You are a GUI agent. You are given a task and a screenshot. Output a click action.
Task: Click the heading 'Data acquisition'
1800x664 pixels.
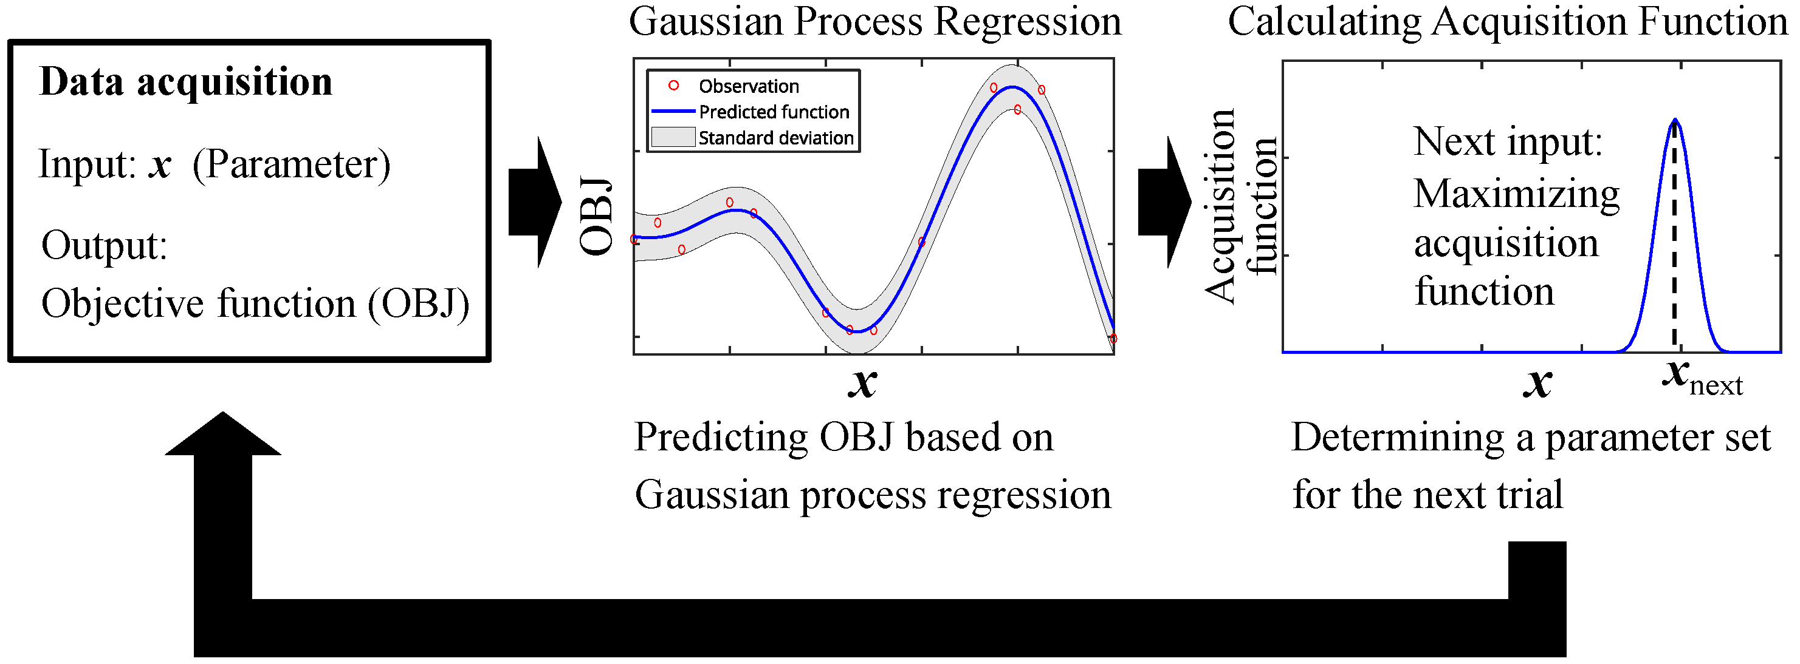[x=186, y=83]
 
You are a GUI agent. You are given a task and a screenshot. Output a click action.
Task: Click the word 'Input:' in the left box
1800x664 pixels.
[x=88, y=164]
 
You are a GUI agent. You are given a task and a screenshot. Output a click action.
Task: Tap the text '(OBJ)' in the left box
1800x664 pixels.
[x=419, y=305]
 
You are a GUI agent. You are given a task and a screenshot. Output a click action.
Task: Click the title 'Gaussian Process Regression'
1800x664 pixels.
[x=875, y=22]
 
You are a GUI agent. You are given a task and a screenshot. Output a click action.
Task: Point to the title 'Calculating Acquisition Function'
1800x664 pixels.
[x=1507, y=22]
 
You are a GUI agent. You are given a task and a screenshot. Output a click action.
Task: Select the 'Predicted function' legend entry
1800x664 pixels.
[x=751, y=112]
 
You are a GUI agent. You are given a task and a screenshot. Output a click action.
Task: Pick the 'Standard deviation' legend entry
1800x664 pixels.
[x=752, y=138]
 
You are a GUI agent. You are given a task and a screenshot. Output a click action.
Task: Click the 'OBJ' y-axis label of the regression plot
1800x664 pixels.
[x=596, y=217]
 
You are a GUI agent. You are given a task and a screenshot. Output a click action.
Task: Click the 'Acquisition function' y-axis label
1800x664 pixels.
[x=1241, y=207]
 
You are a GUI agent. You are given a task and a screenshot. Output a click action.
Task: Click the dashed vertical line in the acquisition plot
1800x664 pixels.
[x=1674, y=234]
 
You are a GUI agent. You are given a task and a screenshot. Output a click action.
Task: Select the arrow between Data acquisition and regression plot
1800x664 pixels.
[x=535, y=203]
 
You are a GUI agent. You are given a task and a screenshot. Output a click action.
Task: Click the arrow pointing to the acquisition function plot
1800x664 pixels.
[x=1165, y=203]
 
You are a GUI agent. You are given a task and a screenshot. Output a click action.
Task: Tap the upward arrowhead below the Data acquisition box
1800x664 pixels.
[x=223, y=435]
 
